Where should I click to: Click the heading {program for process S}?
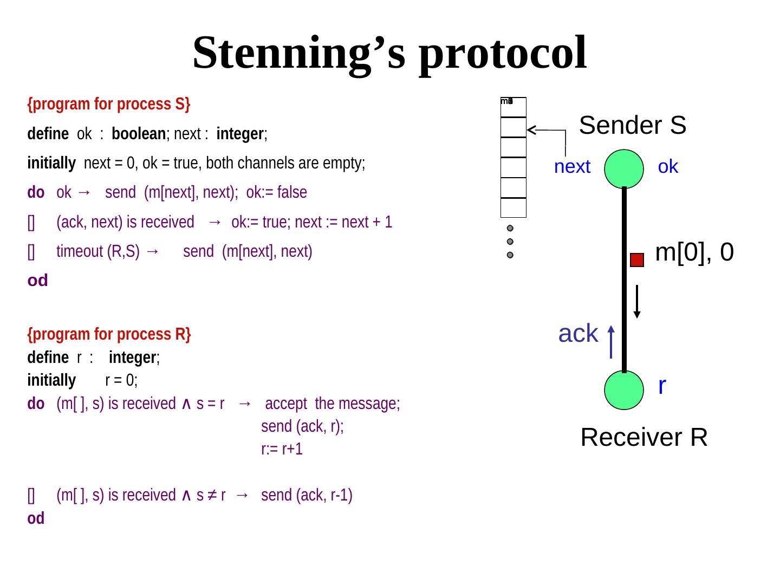[x=109, y=104]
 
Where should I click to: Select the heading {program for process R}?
[x=109, y=334]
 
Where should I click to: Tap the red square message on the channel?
[x=637, y=260]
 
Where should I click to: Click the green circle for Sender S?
[x=624, y=169]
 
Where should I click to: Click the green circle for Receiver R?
[x=624, y=390]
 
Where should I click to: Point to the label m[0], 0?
[x=694, y=252]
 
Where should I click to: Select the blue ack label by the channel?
[x=578, y=334]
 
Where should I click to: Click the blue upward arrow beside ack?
[x=611, y=342]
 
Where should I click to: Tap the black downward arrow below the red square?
[x=638, y=301]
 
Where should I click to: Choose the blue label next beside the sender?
[x=572, y=167]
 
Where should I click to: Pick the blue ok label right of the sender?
[x=668, y=167]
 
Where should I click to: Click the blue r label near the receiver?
[x=662, y=386]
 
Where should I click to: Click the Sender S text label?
[x=633, y=125]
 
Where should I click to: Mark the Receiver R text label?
[x=644, y=437]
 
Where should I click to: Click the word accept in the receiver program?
[x=286, y=404]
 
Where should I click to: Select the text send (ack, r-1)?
[x=307, y=495]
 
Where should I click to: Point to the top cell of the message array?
[x=513, y=107]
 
